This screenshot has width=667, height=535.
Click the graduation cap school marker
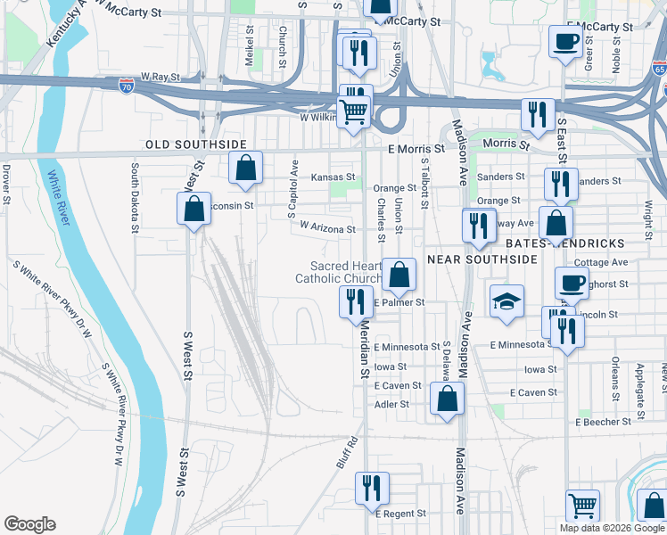pos(506,303)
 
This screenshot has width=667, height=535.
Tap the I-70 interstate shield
pos(127,86)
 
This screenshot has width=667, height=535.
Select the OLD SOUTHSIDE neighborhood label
pos(196,144)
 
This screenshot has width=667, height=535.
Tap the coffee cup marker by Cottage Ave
pos(571,284)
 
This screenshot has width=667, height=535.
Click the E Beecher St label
pos(609,421)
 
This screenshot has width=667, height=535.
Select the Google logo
pos(29,524)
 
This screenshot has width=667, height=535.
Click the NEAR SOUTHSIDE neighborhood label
pos(482,259)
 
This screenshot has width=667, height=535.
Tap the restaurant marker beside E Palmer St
pos(355,301)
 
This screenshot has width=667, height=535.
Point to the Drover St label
pos(6,182)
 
